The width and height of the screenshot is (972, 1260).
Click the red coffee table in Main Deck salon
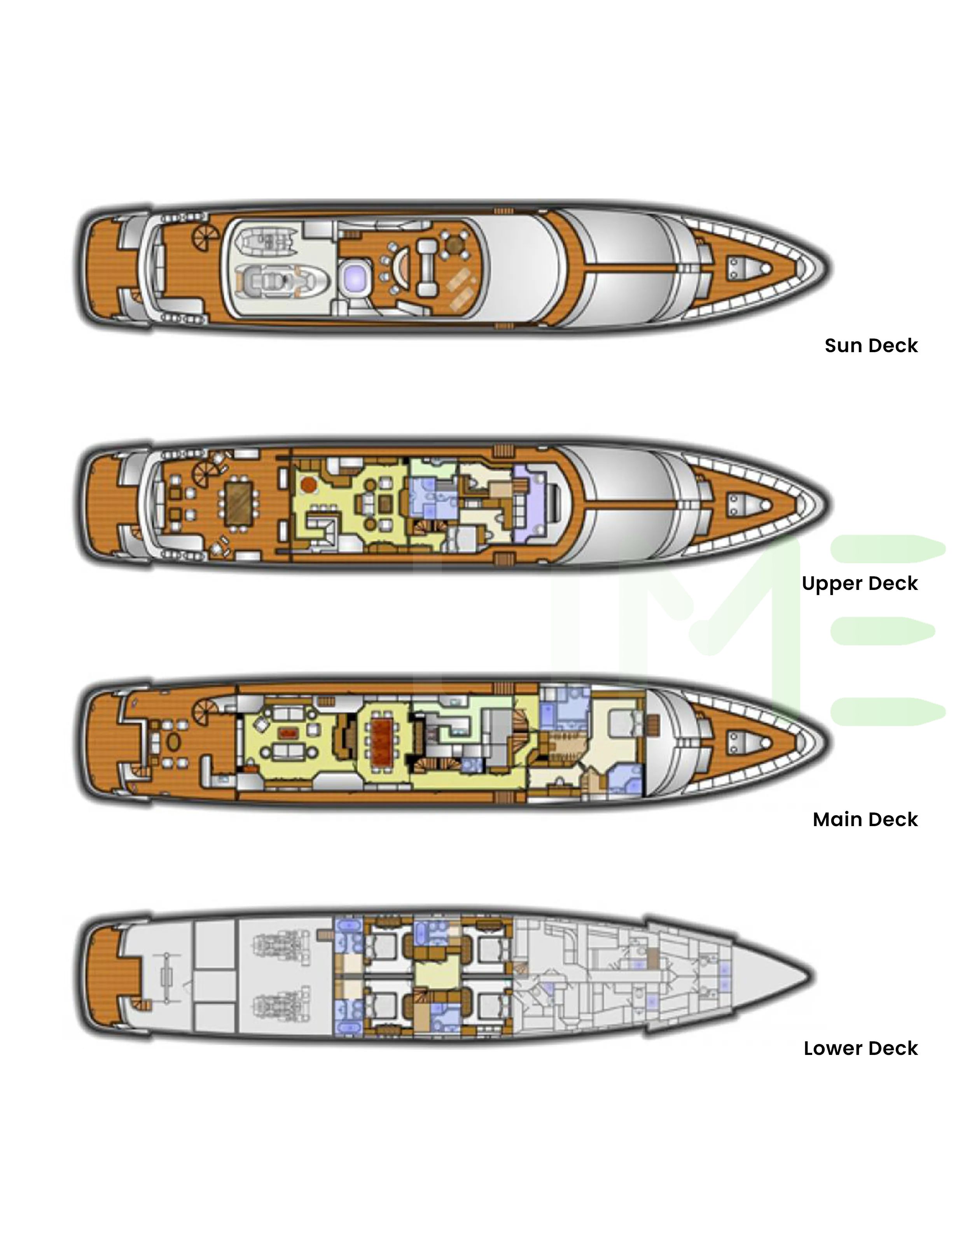(x=287, y=733)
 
